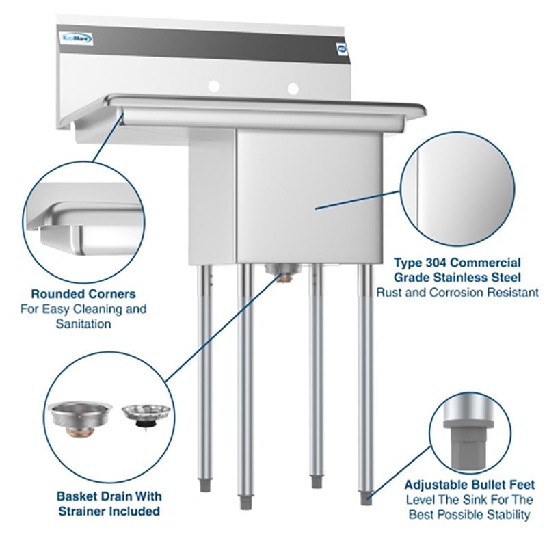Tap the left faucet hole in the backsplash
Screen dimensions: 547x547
tap(214, 86)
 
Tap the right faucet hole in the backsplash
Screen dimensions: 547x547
tap(293, 88)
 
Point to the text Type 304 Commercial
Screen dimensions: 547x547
tap(457, 263)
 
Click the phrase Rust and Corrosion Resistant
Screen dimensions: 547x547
tap(457, 293)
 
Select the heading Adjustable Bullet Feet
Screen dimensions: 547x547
tap(469, 485)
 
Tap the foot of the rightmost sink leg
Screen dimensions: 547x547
tap(366, 497)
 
